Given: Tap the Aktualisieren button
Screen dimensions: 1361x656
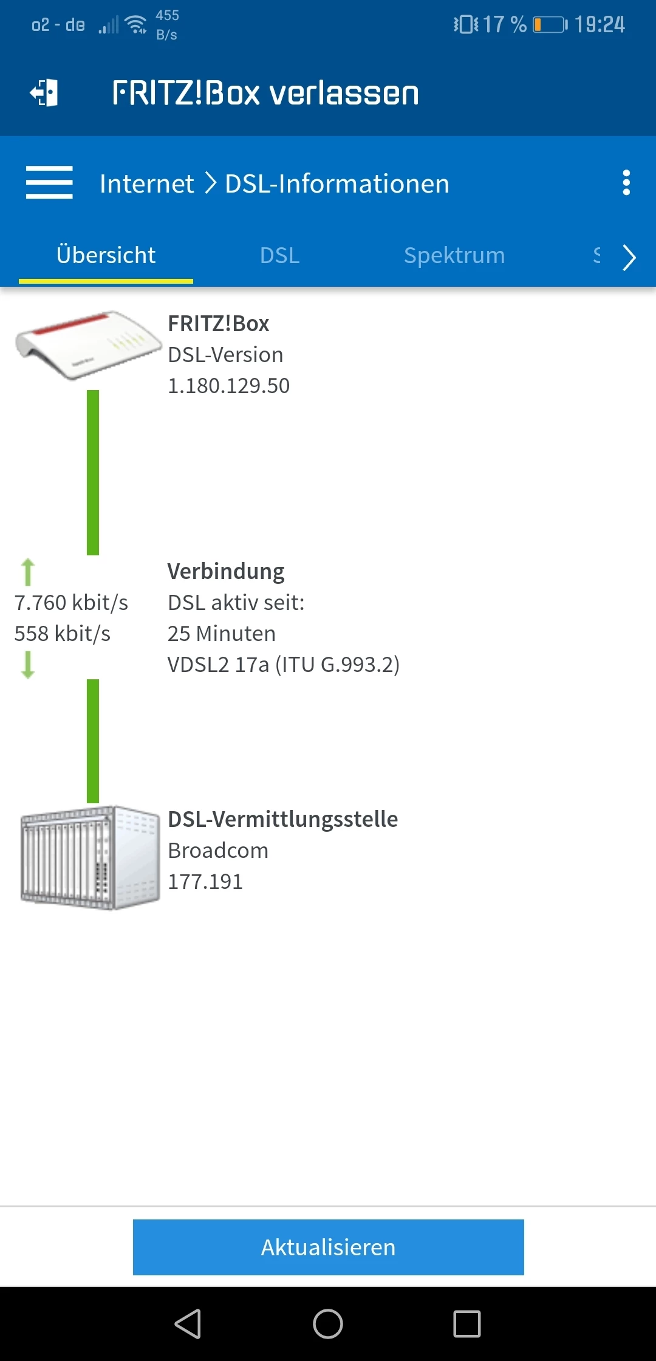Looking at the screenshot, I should (328, 1247).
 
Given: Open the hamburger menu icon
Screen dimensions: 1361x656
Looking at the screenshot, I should (49, 182).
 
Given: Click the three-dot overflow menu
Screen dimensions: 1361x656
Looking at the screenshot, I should (626, 182).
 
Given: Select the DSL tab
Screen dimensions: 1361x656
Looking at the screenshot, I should (279, 255).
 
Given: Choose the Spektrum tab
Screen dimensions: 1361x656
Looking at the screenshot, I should (454, 255).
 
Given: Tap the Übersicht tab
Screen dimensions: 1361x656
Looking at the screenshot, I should (106, 255).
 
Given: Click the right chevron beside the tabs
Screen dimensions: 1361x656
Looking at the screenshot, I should (629, 257).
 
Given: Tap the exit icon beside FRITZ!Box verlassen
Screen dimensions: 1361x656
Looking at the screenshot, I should (44, 93).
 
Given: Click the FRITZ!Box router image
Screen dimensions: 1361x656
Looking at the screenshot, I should (88, 345).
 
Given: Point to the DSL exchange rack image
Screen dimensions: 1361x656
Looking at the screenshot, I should (90, 857).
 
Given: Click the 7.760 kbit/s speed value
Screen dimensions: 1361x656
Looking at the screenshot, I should (71, 603).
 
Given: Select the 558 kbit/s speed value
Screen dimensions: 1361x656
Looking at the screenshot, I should (63, 634).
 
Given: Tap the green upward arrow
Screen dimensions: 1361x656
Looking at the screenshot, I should (28, 572).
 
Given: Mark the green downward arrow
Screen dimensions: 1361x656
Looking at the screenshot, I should (28, 665).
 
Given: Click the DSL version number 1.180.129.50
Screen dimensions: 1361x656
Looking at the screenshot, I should (228, 386).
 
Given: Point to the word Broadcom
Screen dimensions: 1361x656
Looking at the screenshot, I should (218, 851).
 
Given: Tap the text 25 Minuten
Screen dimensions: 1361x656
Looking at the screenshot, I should (222, 634).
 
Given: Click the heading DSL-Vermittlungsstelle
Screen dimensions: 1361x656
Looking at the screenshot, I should (282, 820).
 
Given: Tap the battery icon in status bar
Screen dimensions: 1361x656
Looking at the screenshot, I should (550, 25).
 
